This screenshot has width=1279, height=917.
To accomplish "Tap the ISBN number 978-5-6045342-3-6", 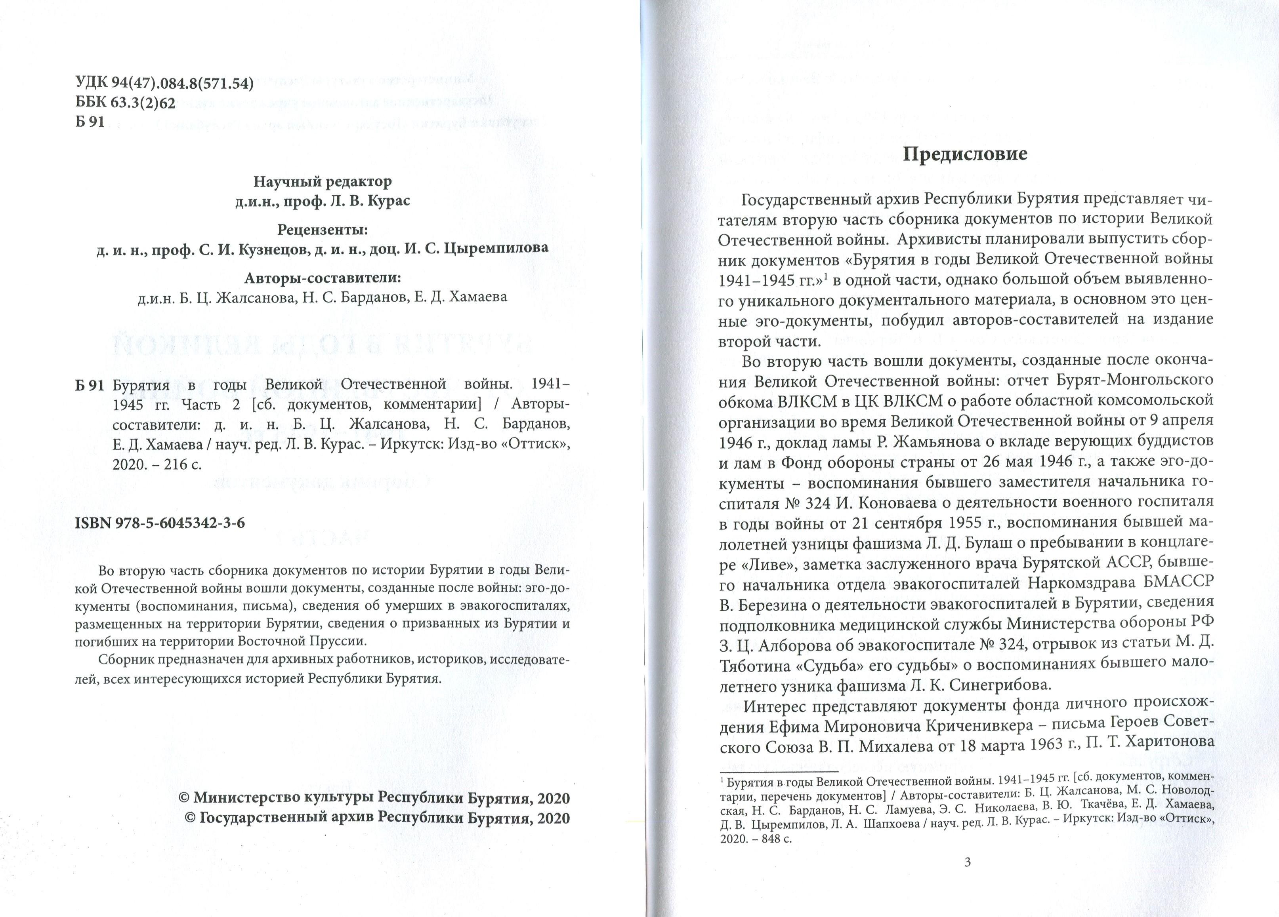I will pyautogui.click(x=160, y=523).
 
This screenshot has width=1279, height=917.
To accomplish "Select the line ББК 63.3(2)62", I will pyautogui.click(x=125, y=103).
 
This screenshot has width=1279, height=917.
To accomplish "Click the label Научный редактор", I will pyautogui.click(x=322, y=182).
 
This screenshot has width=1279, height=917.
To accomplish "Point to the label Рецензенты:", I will pyautogui.click(x=322, y=230).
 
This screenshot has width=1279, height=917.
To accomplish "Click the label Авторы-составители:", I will pyautogui.click(x=322, y=278).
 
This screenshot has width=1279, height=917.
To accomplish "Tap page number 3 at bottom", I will pyautogui.click(x=968, y=877).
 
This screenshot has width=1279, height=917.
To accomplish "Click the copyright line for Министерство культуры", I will pyautogui.click(x=374, y=799).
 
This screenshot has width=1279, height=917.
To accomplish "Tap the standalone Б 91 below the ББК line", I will pyautogui.click(x=90, y=122).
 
